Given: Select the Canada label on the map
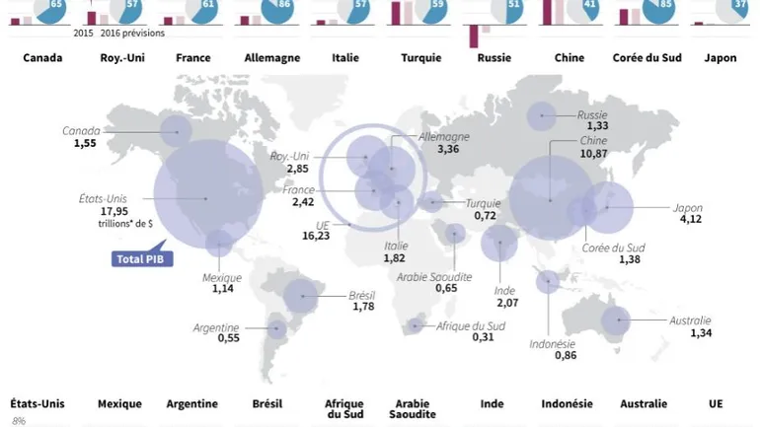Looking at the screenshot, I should coord(82,131).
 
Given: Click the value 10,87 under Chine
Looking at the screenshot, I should coord(593,155).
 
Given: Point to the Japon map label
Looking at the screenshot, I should coord(687,208).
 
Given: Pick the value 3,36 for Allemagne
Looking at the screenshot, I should coord(448,150).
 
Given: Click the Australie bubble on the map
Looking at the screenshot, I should coord(617,320).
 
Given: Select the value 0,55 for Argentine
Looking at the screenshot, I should coord(228,338).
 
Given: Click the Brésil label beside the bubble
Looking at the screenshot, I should coord(362,295).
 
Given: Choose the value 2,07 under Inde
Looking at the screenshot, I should coord(508,303).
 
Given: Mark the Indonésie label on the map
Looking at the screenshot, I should coord(553,344).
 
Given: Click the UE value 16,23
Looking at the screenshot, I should coord(315,237).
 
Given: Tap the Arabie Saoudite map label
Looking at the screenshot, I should coord(434,277).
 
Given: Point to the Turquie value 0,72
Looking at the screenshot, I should coord(485,215).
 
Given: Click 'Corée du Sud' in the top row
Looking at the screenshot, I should coord(643,58).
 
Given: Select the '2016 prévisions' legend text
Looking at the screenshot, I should coord(132,33).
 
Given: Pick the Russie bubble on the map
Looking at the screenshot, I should coord(541,117).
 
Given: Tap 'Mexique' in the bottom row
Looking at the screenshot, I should coord(119,404).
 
